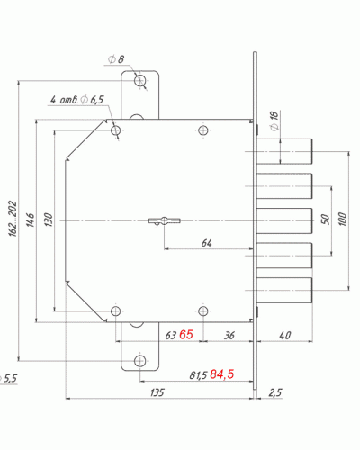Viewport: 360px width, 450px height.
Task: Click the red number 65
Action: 186,335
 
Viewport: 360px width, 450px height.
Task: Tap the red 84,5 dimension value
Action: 222,374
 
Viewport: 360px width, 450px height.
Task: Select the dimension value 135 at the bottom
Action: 157,392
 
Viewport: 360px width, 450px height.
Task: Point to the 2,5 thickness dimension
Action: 275,392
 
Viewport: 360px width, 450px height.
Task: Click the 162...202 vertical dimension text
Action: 13,219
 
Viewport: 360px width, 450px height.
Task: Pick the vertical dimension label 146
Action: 31,220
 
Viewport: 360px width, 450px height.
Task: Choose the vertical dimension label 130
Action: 49,220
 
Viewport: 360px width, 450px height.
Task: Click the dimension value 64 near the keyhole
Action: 206,243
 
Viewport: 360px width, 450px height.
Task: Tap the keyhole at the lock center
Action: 165,221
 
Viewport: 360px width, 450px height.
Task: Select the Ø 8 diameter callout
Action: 116,59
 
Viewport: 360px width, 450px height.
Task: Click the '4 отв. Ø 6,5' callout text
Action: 76,99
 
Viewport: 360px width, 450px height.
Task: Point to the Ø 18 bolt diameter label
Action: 274,121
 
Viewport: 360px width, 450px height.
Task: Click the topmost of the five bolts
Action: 284,151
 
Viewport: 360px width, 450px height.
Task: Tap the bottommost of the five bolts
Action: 284,290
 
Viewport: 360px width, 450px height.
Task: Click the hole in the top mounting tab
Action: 140,80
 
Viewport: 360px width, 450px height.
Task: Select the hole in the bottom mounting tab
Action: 140,361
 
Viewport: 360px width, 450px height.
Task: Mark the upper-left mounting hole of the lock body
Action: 116,130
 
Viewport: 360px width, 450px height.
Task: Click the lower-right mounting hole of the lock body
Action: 203,311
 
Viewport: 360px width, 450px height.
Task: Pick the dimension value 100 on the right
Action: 343,220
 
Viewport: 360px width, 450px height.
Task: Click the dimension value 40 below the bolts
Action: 285,335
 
